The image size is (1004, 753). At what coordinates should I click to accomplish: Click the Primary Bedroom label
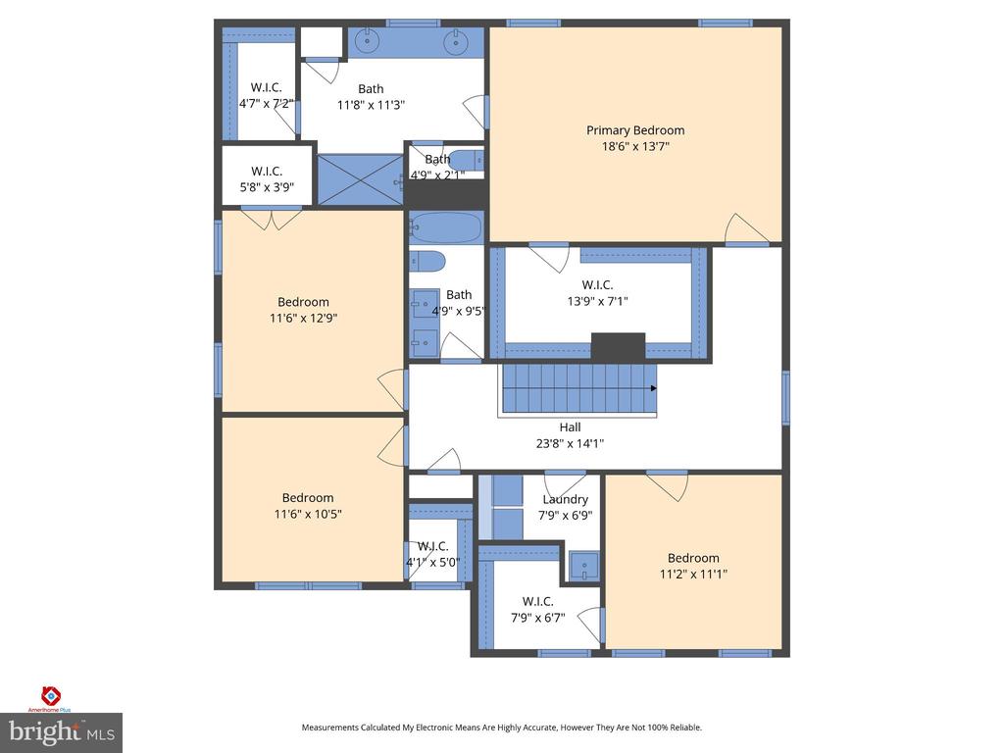(x=635, y=130)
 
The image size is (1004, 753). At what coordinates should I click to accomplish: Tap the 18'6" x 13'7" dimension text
(x=635, y=147)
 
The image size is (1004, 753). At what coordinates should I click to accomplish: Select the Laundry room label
(x=565, y=499)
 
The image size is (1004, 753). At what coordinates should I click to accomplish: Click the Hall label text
(x=570, y=427)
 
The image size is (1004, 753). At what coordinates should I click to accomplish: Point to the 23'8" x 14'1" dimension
(x=570, y=443)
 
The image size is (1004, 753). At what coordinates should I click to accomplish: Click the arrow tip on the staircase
(x=654, y=388)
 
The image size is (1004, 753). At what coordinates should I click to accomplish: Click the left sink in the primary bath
(x=368, y=42)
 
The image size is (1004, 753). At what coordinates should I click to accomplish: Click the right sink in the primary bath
(x=454, y=42)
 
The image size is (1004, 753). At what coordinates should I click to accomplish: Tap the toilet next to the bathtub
(x=427, y=261)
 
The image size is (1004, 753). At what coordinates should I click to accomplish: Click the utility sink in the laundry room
(x=583, y=565)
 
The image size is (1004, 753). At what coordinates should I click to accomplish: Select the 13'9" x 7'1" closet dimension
(x=597, y=302)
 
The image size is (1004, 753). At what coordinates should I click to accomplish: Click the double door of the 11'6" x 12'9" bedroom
(x=272, y=220)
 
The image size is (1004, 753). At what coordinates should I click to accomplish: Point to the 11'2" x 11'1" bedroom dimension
(x=693, y=575)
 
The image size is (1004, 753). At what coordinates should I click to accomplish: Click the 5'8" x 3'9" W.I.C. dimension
(x=266, y=187)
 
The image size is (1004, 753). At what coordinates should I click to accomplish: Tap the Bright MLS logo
(x=61, y=731)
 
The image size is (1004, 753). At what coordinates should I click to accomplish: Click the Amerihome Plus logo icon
(x=51, y=695)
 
